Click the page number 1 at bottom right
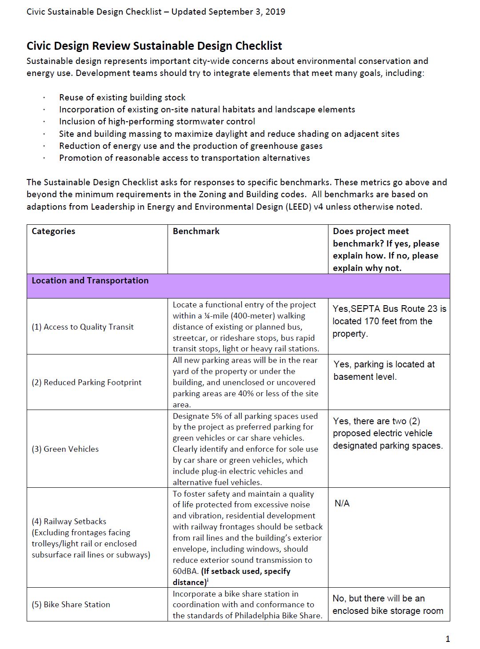pyautogui.click(x=448, y=639)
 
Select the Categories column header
pyautogui.click(x=53, y=231)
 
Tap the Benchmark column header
pyautogui.click(x=196, y=231)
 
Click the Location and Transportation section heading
pyautogui.click(x=90, y=280)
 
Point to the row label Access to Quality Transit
pyautogui.click(x=83, y=327)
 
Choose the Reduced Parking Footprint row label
pyautogui.click(x=87, y=382)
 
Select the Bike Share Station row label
pyautogui.click(x=71, y=605)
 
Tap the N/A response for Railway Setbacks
pyautogui.click(x=342, y=503)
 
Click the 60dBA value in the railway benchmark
pyautogui.click(x=184, y=571)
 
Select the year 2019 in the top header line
pyautogui.click(x=275, y=12)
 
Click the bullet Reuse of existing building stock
pyautogui.click(x=122, y=97)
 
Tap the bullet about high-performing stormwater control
pyautogui.click(x=157, y=121)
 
